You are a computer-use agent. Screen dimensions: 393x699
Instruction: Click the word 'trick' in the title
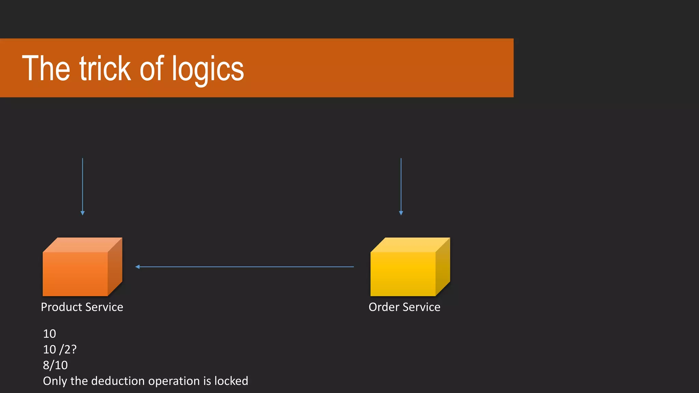tap(105, 69)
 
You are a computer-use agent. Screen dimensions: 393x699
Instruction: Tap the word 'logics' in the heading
tap(208, 69)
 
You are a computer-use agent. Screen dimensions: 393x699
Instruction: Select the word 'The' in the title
tap(46, 69)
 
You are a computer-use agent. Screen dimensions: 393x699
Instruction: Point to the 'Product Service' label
tap(82, 307)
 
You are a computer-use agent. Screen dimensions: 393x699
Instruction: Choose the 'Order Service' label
tap(404, 307)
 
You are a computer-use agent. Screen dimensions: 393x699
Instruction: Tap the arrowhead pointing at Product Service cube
tap(138, 267)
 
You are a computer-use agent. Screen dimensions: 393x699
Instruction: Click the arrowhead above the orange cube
tap(83, 213)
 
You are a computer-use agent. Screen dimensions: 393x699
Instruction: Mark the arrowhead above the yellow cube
tap(401, 213)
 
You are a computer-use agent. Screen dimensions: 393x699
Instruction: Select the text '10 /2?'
tap(60, 349)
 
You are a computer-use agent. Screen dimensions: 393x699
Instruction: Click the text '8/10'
tap(55, 365)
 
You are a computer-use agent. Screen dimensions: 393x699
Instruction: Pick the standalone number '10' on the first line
tap(49, 334)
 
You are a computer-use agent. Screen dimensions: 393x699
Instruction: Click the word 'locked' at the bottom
tap(231, 381)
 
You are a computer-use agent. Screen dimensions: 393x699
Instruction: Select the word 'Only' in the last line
tap(55, 381)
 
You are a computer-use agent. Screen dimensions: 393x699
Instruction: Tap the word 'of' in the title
tap(152, 69)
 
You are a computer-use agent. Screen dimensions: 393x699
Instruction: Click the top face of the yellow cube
tap(410, 245)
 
